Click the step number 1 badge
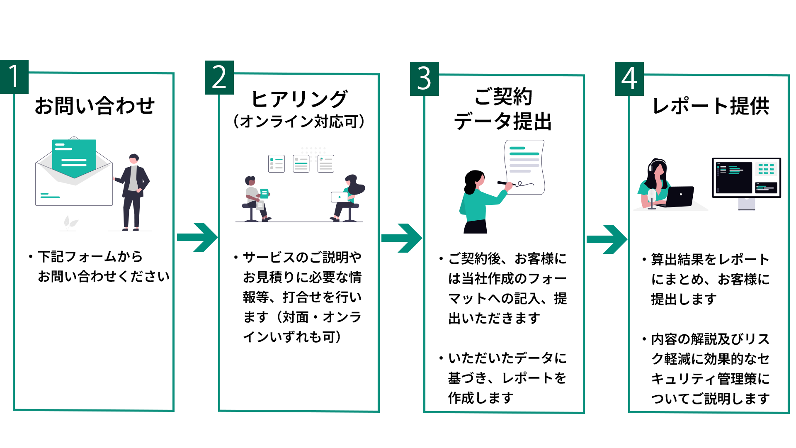click(14, 77)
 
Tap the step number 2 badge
click(219, 78)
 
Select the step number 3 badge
click(424, 79)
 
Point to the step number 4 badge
click(629, 79)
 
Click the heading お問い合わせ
click(95, 106)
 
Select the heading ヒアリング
click(299, 100)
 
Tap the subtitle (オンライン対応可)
click(299, 122)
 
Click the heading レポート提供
click(710, 106)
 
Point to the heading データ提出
click(502, 122)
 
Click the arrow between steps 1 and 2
click(197, 237)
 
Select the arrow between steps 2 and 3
click(401, 238)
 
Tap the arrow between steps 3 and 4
click(607, 239)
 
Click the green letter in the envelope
click(74, 157)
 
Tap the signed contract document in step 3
click(524, 166)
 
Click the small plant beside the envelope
click(70, 223)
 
